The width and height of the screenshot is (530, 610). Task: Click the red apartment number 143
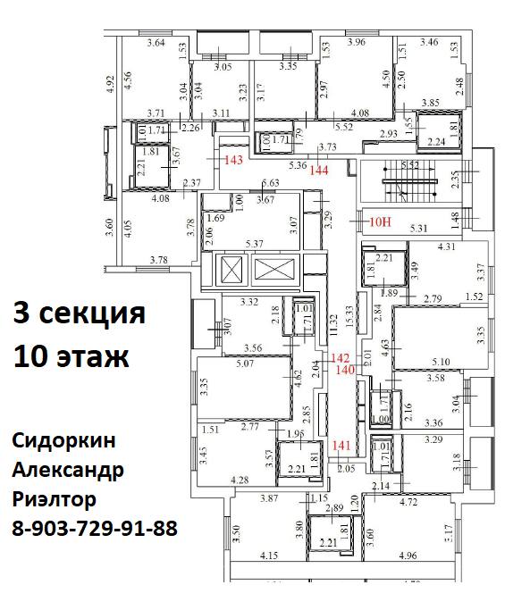233,161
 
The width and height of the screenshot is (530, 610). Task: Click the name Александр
68,470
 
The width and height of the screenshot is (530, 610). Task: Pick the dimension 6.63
270,184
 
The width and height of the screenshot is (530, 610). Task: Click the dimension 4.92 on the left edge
110,85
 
